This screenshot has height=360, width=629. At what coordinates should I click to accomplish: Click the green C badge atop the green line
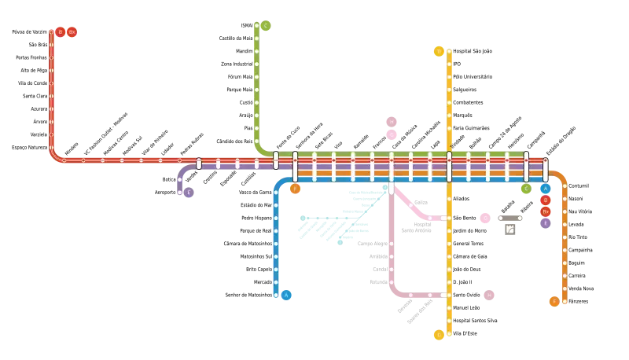[266, 26]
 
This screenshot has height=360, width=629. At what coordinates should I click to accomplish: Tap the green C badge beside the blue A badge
[525, 189]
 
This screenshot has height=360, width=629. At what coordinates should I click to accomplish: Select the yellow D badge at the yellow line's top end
[439, 51]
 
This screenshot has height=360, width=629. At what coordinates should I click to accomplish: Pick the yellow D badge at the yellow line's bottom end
[439, 335]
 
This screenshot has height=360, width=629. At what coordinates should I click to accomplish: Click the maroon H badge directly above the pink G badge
[391, 122]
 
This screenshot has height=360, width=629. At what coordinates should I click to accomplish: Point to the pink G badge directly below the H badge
[391, 134]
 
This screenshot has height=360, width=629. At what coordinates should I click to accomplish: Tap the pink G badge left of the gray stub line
[484, 218]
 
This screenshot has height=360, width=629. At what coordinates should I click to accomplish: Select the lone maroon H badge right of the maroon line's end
[489, 295]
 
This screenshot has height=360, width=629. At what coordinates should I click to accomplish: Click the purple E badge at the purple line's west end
[189, 192]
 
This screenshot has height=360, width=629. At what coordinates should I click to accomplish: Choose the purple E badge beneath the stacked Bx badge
[546, 222]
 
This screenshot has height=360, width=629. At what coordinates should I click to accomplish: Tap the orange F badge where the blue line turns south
[296, 189]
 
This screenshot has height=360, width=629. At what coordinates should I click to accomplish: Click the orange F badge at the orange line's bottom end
[554, 301]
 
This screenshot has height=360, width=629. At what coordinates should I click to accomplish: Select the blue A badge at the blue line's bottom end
[286, 295]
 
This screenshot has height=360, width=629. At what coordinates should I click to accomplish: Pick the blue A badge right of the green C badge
[546, 189]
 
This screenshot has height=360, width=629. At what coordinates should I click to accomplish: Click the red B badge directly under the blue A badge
[546, 200]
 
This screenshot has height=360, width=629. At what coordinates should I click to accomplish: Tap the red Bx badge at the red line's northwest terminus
[72, 32]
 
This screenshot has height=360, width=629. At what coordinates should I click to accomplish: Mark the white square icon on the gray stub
[510, 230]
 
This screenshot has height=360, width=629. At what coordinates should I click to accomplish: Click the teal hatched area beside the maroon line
[334, 220]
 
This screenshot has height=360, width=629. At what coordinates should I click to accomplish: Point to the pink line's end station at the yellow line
[443, 218]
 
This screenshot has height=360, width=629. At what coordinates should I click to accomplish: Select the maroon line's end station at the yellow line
[443, 295]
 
